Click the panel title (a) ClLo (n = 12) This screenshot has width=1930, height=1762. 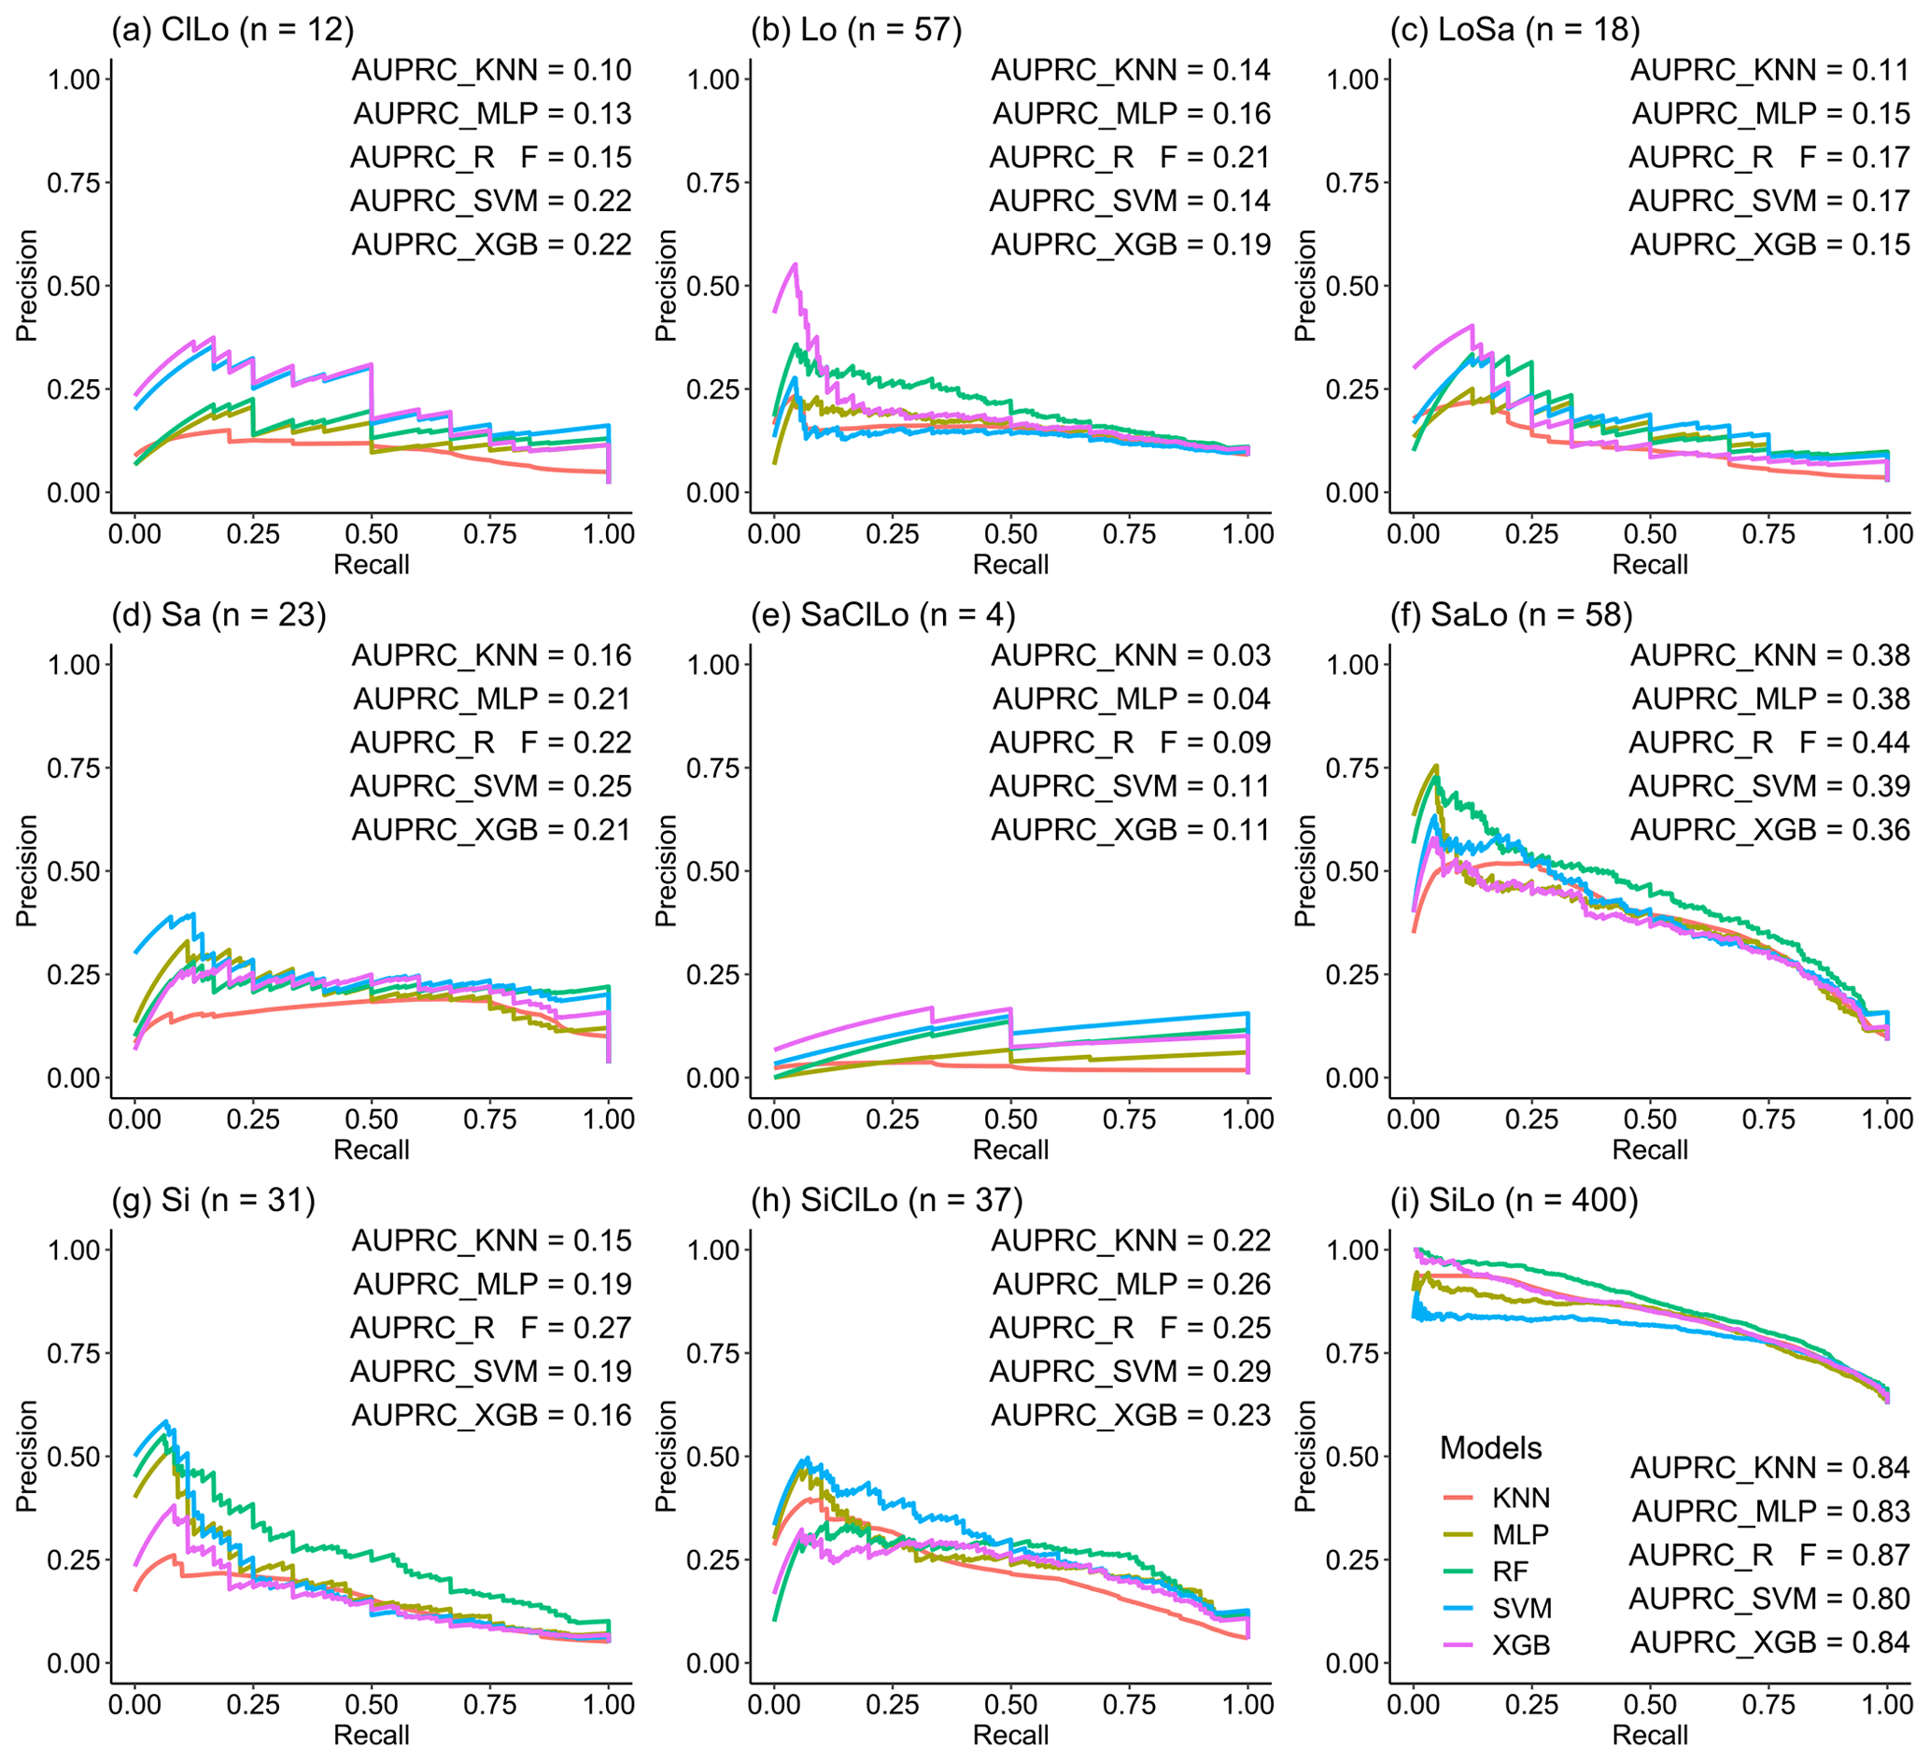[x=232, y=30]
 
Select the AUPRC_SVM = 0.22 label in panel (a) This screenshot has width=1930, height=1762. [x=491, y=201]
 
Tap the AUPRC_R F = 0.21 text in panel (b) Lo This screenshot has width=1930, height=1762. [x=1130, y=157]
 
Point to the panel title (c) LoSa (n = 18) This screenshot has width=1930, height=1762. [x=1514, y=30]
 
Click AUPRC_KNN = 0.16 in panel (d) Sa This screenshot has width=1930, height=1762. [x=491, y=655]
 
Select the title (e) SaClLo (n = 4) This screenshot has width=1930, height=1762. [x=882, y=614]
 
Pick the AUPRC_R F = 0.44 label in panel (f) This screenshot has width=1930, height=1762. [x=1769, y=743]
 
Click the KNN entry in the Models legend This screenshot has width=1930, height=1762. [x=1520, y=1498]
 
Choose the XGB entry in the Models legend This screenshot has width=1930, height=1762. [x=1520, y=1645]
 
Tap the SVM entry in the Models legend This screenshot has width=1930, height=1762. [x=1520, y=1609]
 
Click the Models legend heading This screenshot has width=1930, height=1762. [x=1490, y=1449]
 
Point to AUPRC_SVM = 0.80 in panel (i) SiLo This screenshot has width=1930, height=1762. [x=1769, y=1600]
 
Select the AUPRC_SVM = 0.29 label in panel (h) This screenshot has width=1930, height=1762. [x=1130, y=1373]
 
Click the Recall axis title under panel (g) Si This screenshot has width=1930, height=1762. [x=372, y=1735]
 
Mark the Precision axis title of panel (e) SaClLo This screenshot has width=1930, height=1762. [x=667, y=870]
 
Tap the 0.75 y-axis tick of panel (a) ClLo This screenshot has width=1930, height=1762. [x=74, y=183]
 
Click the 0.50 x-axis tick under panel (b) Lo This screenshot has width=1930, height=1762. [x=1011, y=534]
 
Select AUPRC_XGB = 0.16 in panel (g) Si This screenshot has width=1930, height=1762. [x=491, y=1416]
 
